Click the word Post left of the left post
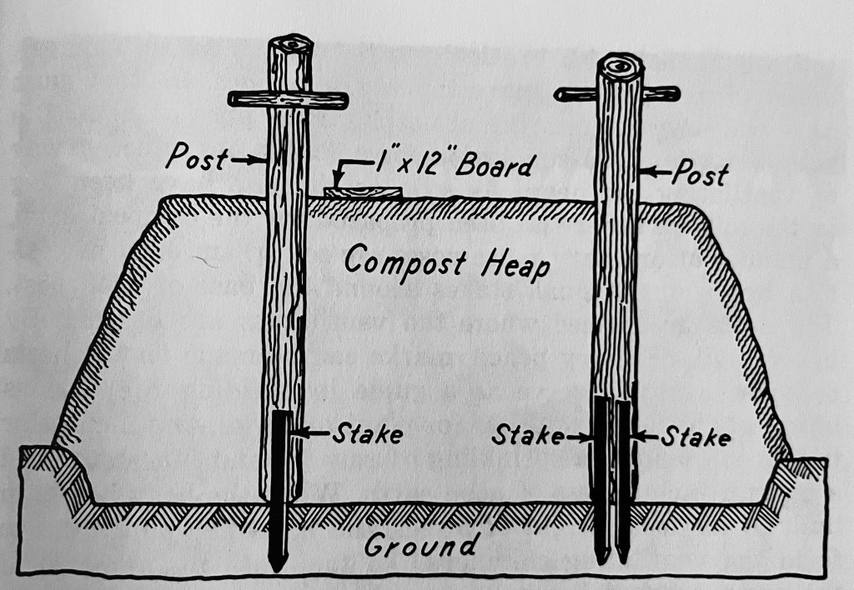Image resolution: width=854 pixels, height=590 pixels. [195, 156]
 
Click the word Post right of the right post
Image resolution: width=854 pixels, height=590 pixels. [699, 173]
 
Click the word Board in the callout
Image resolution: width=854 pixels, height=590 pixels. [491, 166]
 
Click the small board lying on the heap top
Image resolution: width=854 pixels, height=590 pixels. [362, 193]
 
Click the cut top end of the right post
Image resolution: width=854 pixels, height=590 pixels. [619, 64]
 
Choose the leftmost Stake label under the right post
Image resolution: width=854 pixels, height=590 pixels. [528, 435]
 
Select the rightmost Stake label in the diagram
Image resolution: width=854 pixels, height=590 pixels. [696, 436]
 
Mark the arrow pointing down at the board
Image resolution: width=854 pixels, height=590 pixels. [339, 175]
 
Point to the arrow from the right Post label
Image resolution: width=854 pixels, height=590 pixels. [656, 173]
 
